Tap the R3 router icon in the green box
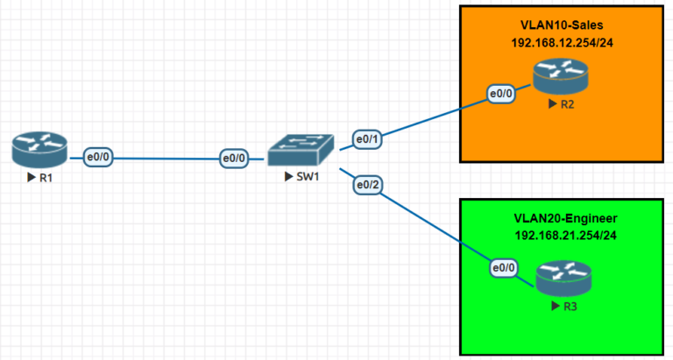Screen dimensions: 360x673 click(563, 279)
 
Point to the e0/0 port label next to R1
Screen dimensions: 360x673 click(97, 158)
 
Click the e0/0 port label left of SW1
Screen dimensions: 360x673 click(234, 159)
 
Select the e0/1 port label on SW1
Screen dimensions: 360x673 click(367, 138)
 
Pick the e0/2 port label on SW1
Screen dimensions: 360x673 click(367, 185)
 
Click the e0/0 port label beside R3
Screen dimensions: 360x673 click(505, 267)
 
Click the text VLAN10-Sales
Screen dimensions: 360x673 click(561, 25)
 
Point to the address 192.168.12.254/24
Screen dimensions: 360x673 click(561, 42)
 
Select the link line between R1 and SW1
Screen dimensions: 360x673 click(166, 159)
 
